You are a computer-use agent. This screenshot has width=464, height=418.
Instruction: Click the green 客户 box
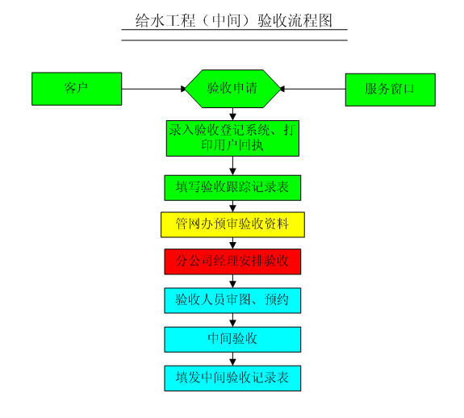click(77, 89)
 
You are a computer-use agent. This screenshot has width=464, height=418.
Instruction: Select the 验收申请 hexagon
click(232, 89)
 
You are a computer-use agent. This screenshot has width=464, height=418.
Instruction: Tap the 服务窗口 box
click(391, 90)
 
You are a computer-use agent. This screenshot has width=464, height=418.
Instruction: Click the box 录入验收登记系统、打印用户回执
click(232, 138)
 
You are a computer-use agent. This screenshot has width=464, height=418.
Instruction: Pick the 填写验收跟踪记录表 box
click(232, 188)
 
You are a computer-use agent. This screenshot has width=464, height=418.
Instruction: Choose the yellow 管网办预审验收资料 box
click(232, 224)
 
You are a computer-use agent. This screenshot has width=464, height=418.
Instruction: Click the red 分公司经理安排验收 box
click(232, 261)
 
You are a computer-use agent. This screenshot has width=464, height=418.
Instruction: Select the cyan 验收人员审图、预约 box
click(232, 300)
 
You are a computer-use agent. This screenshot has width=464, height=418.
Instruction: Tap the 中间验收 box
click(232, 339)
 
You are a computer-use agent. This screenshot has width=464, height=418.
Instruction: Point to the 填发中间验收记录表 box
click(232, 378)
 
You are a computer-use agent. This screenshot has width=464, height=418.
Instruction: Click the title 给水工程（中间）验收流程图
click(234, 21)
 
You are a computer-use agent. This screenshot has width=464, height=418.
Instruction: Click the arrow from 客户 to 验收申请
click(153, 89)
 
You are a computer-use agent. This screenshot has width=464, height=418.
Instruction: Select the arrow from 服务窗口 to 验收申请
click(312, 89)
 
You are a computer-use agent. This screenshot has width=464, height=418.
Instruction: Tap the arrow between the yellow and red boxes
click(232, 243)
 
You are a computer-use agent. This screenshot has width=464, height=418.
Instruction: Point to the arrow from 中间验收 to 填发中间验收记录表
click(232, 359)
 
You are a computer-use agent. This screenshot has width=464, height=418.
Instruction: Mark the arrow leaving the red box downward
click(232, 281)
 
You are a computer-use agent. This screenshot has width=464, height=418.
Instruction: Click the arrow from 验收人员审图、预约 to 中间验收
click(232, 320)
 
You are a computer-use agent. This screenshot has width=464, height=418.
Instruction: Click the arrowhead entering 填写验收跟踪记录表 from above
click(232, 172)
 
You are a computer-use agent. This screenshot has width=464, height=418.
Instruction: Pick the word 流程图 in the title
click(314, 21)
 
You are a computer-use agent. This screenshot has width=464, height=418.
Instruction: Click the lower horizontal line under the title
click(234, 40)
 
